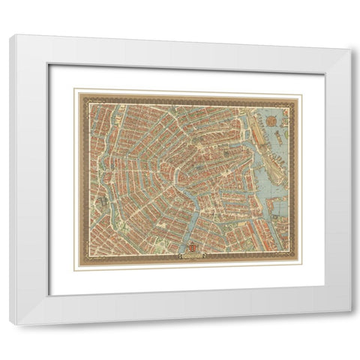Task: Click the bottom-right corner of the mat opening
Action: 324,286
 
